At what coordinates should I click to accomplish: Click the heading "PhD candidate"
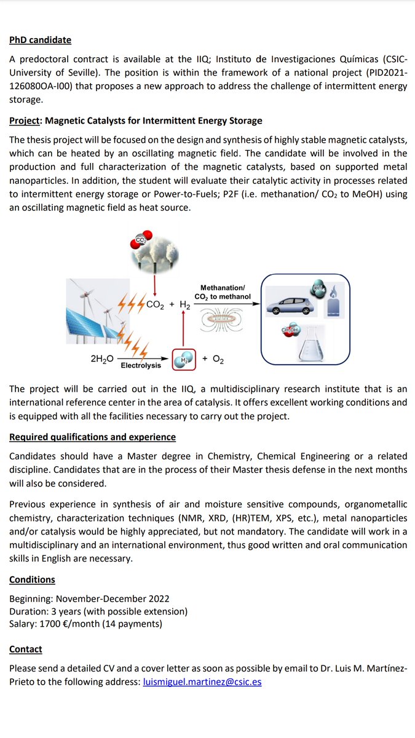pyautogui.click(x=40, y=40)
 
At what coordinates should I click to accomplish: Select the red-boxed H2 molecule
pyautogui.click(x=184, y=360)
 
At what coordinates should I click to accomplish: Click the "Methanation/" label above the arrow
pyautogui.click(x=223, y=287)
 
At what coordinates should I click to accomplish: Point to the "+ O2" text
pyautogui.click(x=213, y=359)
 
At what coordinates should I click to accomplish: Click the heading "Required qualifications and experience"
pyautogui.click(x=92, y=437)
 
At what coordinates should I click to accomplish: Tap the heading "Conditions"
pyautogui.click(x=32, y=579)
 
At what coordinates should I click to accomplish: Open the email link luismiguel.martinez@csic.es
pyautogui.click(x=202, y=682)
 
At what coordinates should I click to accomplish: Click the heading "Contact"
pyautogui.click(x=26, y=649)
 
